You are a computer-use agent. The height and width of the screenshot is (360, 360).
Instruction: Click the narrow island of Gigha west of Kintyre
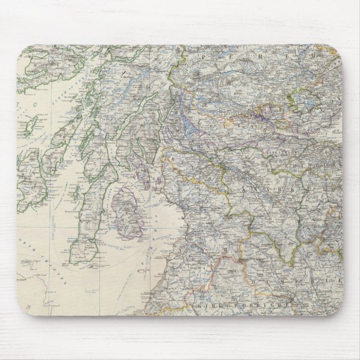coord(75,193)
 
